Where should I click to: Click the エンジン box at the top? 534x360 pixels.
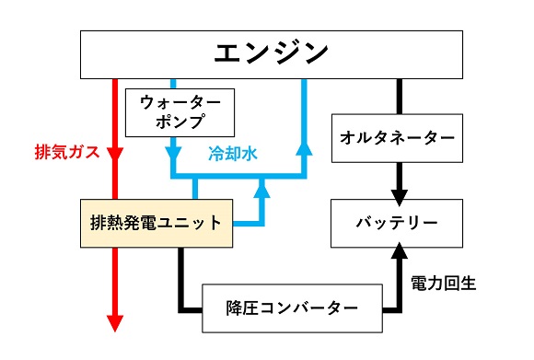point(271,54)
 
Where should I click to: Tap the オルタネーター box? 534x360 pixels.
point(396,137)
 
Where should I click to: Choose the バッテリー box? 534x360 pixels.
point(397,223)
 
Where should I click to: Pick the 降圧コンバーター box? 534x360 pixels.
point(292,308)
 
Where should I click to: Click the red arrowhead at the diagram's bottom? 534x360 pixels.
point(116,321)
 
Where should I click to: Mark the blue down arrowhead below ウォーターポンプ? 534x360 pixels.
point(171,147)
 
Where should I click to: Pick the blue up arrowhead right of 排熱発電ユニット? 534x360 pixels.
point(262,189)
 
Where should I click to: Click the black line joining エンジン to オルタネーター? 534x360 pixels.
point(399,96)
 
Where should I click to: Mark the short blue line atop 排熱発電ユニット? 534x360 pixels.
point(195,188)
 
